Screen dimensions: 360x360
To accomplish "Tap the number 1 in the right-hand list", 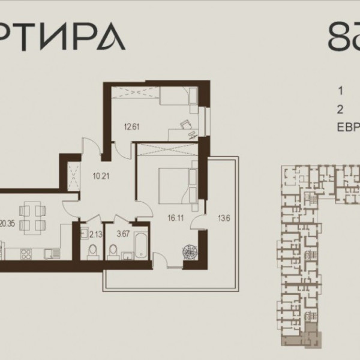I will click(340, 92).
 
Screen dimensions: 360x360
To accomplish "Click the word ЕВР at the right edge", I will click(349, 126).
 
